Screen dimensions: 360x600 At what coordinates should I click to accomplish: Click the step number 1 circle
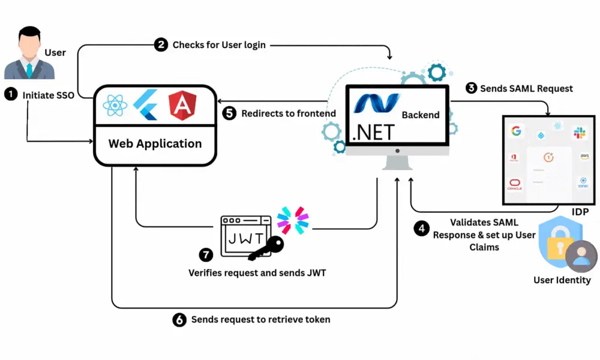[x=10, y=94]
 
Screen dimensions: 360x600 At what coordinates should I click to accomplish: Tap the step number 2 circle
[x=161, y=44]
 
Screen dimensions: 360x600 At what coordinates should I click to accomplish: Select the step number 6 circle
[x=179, y=319]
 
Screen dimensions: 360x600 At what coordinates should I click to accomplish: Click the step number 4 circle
[x=422, y=229]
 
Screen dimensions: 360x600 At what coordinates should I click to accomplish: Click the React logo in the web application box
[x=115, y=106]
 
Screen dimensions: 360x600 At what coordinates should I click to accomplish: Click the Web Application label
[x=155, y=143]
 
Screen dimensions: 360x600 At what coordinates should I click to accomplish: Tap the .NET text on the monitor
[x=374, y=131]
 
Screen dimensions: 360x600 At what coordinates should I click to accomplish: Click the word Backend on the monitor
[x=421, y=115]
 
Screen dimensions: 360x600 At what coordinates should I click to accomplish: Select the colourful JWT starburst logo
[x=293, y=220]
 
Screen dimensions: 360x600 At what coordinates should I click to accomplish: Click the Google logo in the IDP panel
[x=515, y=131]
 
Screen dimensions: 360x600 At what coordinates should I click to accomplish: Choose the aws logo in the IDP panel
[x=584, y=157]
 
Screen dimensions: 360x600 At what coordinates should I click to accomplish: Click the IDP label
[x=580, y=212]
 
